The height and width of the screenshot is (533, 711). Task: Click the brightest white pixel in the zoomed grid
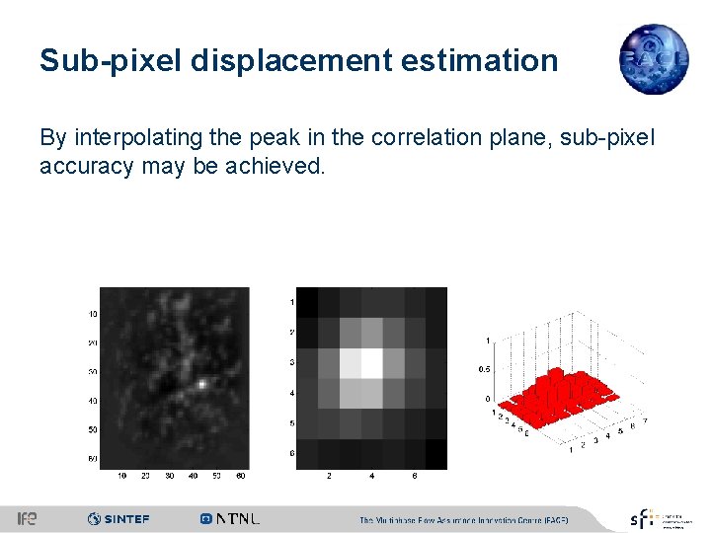pyautogui.click(x=371, y=362)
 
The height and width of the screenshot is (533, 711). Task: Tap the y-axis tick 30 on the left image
pyautogui.click(x=93, y=372)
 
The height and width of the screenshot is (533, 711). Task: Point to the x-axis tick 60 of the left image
pyautogui.click(x=240, y=476)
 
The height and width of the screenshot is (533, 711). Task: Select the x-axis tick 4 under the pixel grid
pyautogui.click(x=371, y=476)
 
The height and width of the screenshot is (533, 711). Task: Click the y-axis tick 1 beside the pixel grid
pyautogui.click(x=291, y=301)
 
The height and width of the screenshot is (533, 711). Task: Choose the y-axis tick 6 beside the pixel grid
pyautogui.click(x=291, y=453)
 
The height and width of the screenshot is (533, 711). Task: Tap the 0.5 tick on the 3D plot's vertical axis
pyautogui.click(x=485, y=369)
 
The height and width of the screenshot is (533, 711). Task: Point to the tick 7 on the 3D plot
pyautogui.click(x=645, y=421)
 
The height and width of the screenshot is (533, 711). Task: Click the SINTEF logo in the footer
pyautogui.click(x=118, y=518)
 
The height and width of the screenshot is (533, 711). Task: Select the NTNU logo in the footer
pyautogui.click(x=230, y=518)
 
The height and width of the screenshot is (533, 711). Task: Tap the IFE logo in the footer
pyautogui.click(x=28, y=518)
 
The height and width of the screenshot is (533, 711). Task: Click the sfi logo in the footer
pyautogui.click(x=643, y=518)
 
